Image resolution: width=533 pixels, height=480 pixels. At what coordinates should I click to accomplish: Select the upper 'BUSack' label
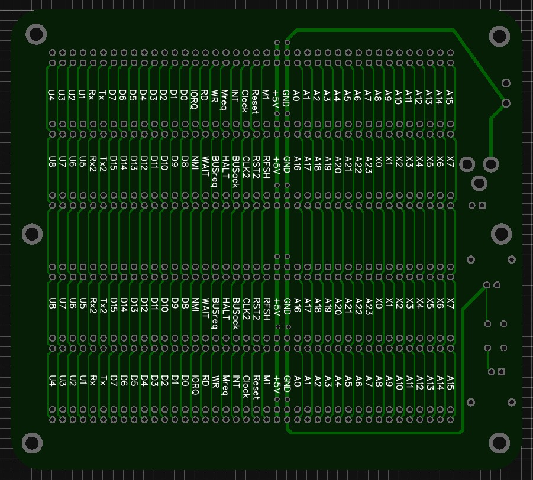click(235, 171)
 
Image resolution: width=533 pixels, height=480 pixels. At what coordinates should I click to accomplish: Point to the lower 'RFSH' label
click(266, 309)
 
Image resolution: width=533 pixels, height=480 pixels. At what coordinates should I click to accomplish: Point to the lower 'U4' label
click(52, 380)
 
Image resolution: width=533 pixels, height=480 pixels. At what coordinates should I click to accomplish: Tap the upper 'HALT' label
click(225, 166)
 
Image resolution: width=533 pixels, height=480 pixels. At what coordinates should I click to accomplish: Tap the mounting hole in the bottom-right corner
click(500, 443)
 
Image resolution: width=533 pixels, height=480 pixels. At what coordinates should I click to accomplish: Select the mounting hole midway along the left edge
click(32, 234)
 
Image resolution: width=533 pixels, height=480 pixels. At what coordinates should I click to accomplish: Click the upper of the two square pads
click(482, 206)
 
